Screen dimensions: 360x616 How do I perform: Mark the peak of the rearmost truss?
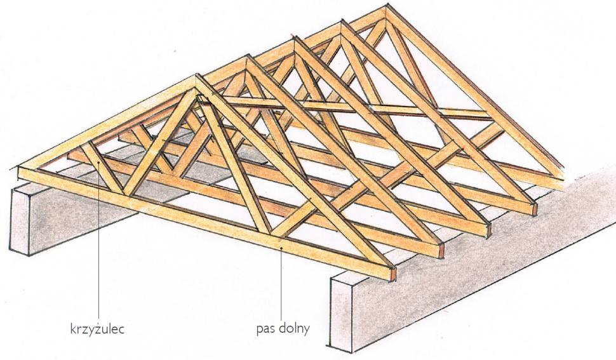point(384,9)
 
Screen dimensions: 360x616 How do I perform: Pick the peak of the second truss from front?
point(247,58)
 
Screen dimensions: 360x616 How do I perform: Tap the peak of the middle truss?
point(295,41)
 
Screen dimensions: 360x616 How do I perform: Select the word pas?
point(265,330)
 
